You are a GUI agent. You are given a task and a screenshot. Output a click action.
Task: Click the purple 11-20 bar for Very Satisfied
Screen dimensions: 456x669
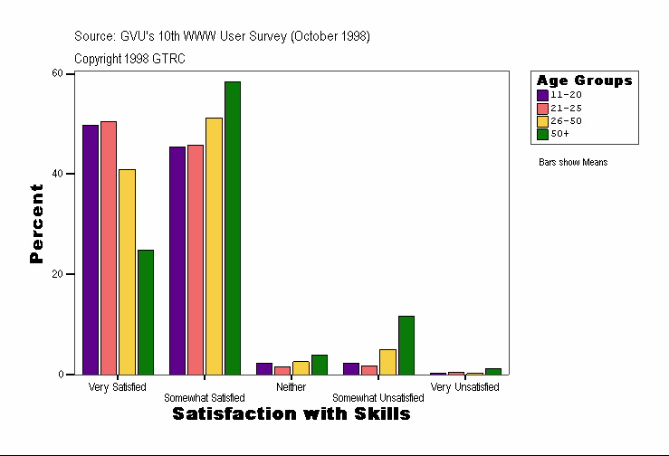tap(91, 249)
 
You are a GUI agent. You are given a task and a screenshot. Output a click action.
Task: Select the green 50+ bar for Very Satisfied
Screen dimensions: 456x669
tap(145, 311)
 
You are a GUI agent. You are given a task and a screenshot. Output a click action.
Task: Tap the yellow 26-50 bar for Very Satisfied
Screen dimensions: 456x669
tap(127, 271)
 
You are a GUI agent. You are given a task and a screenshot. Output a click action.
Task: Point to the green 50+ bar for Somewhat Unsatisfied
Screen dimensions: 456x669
tap(406, 345)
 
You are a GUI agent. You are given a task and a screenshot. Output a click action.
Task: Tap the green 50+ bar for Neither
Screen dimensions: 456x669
tap(320, 365)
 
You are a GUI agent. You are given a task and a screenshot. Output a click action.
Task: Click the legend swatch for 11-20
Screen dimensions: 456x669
tap(542, 95)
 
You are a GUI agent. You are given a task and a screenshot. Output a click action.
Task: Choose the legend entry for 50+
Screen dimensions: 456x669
tap(559, 134)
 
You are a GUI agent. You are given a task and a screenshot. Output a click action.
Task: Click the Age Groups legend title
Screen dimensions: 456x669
tap(584, 81)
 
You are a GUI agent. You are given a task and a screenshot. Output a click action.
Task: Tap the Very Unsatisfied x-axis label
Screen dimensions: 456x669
tap(464, 387)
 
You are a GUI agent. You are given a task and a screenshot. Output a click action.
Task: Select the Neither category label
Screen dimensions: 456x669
tap(291, 387)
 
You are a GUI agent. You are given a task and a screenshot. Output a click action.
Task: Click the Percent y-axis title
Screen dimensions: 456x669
tap(37, 223)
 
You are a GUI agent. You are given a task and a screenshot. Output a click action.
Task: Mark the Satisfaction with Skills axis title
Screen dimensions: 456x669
tap(291, 413)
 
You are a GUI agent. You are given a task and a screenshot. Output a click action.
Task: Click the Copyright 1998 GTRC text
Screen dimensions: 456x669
tap(129, 59)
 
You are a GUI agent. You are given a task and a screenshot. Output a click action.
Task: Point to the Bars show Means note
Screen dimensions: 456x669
tap(573, 163)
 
